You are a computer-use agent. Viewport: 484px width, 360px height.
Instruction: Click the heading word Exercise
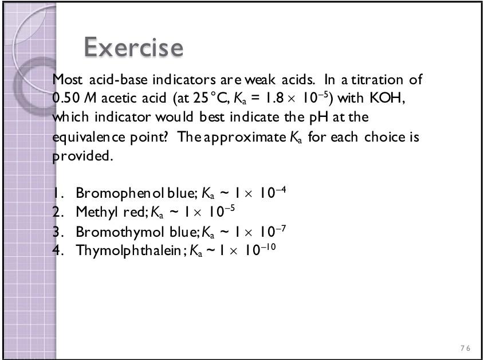pos(133,47)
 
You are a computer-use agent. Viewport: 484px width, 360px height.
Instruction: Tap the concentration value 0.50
pos(65,98)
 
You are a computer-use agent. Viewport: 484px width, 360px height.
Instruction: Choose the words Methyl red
pos(111,212)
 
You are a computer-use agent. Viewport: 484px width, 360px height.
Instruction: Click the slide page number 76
pos(465,349)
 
